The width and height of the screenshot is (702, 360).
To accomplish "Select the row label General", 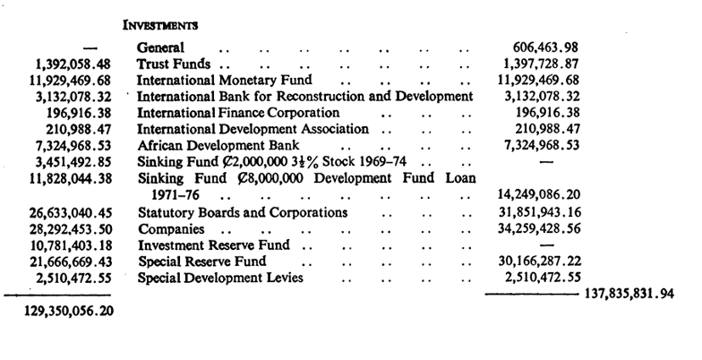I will (160, 47).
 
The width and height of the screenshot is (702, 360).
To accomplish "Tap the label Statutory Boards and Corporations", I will (242, 213).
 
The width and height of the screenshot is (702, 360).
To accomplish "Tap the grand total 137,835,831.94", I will (629, 294).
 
